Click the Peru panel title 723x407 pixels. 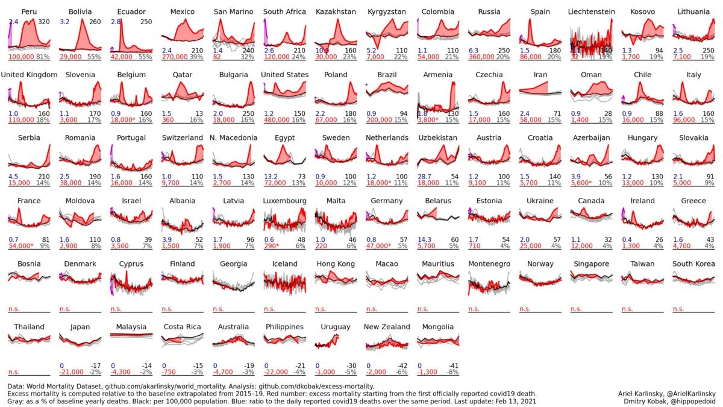(30, 11)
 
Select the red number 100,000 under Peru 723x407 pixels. (20, 57)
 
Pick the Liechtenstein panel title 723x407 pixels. (591, 11)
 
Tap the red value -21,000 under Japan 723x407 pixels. (72, 372)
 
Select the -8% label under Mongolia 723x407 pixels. (452, 372)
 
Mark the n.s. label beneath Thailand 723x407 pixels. (14, 372)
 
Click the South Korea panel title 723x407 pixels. (693, 263)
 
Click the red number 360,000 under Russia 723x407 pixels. (481, 57)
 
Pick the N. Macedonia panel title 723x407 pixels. (234, 137)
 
